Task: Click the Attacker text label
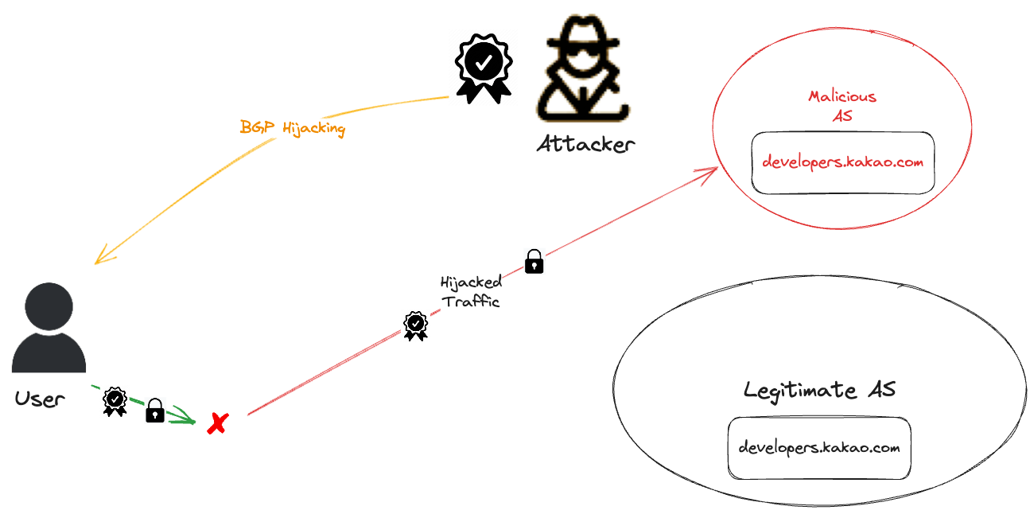[585, 145]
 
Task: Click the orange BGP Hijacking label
[293, 127]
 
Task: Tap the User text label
[39, 399]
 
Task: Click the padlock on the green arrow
[155, 411]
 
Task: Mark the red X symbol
[216, 423]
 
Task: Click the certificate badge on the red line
[415, 325]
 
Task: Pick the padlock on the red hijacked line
[534, 261]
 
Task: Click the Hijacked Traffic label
[471, 291]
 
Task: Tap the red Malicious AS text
[842, 105]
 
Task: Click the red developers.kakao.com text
[842, 162]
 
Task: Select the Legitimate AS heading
[819, 390]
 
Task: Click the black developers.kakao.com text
[818, 447]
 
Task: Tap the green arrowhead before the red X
[189, 418]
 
